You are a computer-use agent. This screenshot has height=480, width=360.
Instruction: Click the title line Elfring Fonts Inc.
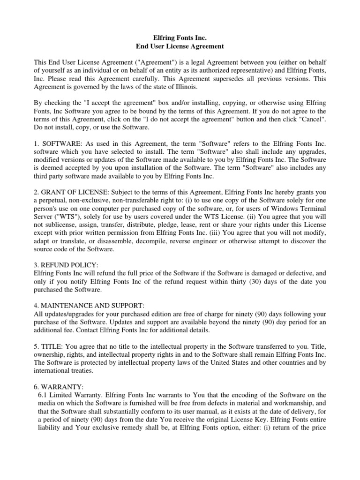pos(180,37)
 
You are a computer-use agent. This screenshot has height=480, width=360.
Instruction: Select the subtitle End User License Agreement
pos(180,46)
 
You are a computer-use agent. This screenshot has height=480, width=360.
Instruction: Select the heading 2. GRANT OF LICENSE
pos(67,193)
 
